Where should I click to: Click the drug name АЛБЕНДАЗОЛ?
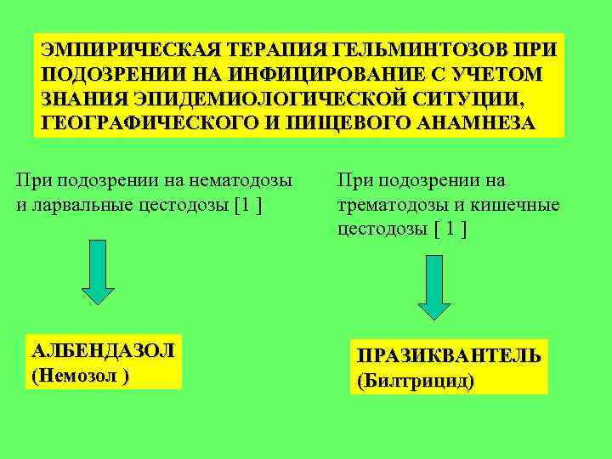pyautogui.click(x=102, y=350)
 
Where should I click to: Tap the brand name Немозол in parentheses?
pyautogui.click(x=76, y=374)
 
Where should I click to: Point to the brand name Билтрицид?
pyautogui.click(x=416, y=380)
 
